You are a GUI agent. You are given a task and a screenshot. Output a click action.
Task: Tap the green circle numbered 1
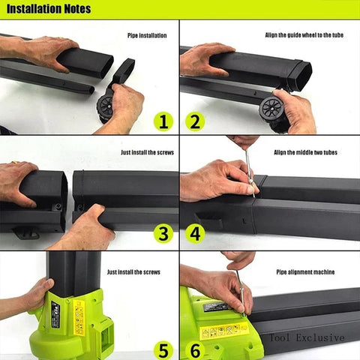click(x=163, y=121)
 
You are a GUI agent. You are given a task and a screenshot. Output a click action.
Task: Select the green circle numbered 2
click(x=196, y=121)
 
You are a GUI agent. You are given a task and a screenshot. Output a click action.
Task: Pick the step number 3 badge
click(x=163, y=233)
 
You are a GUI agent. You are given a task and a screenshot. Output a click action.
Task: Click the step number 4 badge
click(x=196, y=233)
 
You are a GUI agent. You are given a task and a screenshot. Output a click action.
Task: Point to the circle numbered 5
click(x=163, y=349)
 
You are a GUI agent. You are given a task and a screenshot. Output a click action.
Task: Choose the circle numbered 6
click(x=196, y=349)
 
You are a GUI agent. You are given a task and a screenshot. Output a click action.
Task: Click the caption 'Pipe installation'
click(x=147, y=34)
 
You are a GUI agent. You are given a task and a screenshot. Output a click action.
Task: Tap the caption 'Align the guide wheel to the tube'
click(x=304, y=34)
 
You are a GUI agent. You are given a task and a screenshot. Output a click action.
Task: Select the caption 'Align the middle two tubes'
click(x=305, y=152)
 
